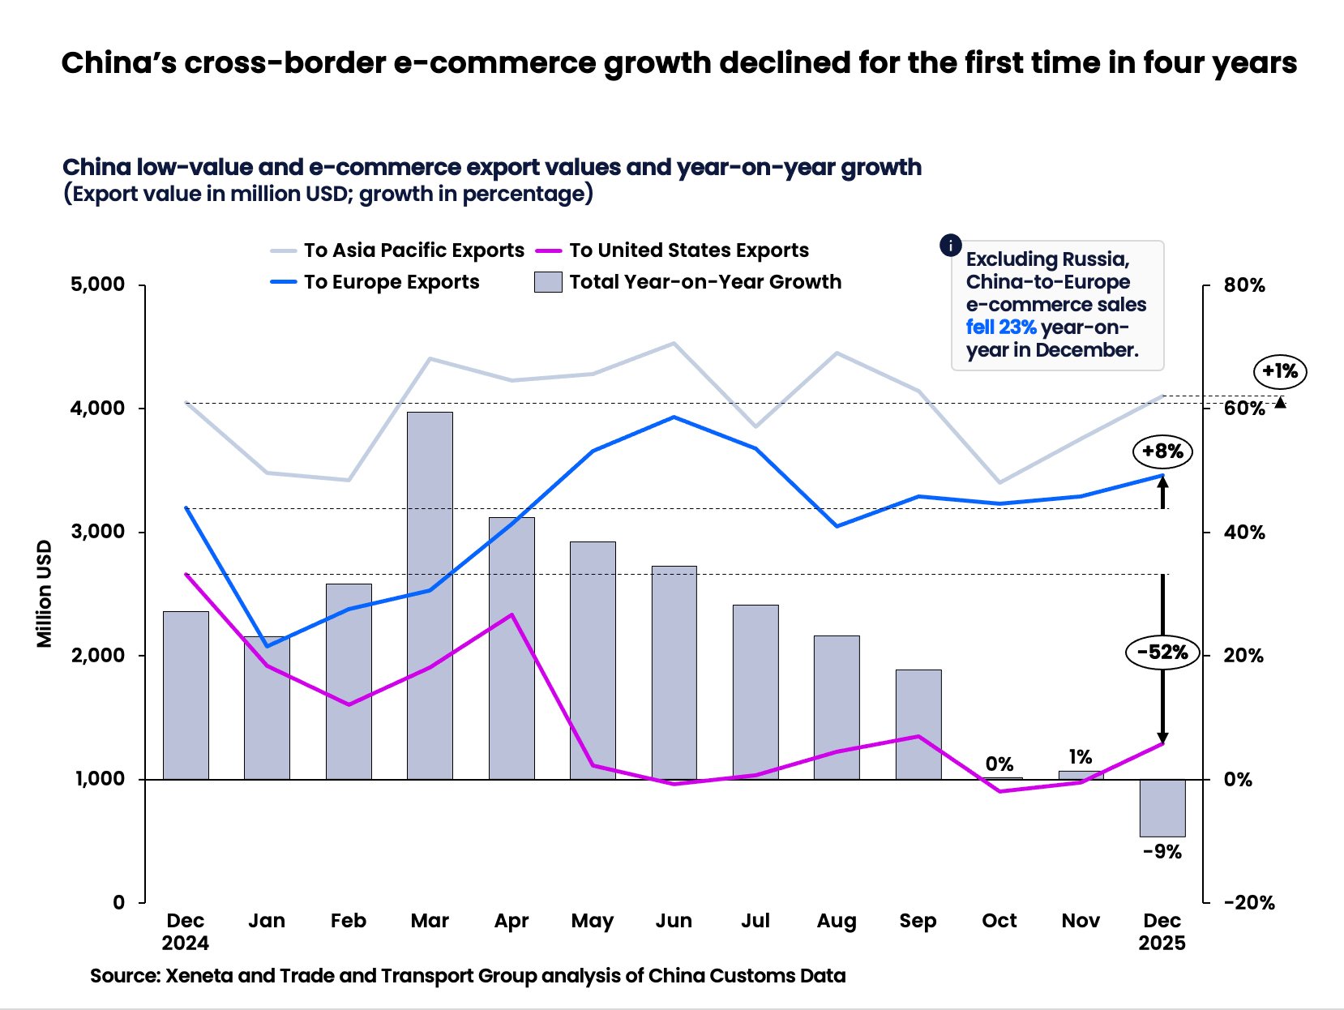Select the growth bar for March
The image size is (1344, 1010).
coord(430,596)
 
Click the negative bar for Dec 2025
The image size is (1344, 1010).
coord(1162,807)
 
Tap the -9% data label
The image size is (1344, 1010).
coord(1162,852)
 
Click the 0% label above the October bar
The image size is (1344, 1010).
coord(999,764)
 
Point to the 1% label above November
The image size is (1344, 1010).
coord(1080,757)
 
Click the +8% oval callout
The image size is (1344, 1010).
coord(1162,452)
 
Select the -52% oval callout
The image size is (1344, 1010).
coord(1162,653)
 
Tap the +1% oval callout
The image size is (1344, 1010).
coord(1280,371)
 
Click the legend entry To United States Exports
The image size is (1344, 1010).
coord(688,250)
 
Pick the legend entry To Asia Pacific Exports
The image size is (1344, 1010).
coord(413,250)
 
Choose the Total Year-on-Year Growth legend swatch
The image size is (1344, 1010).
coord(548,282)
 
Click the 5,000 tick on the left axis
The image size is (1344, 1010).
coord(97,285)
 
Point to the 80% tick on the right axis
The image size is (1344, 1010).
coord(1243,285)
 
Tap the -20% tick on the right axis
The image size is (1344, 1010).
coord(1248,902)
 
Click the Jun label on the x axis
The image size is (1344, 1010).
coord(673,921)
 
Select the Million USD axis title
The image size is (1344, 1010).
coord(44,594)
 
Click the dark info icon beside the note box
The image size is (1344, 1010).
coord(950,245)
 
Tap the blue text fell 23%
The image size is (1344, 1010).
coord(1000,327)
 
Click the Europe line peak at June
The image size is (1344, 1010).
coord(673,417)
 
